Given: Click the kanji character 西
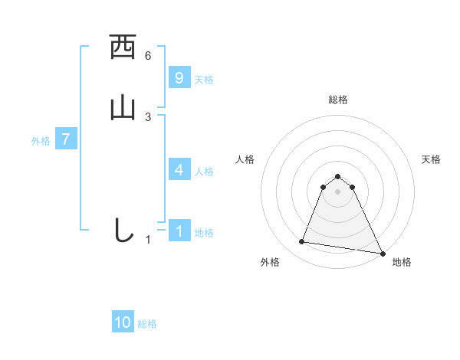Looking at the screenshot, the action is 123,48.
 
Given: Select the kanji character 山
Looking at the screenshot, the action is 123,108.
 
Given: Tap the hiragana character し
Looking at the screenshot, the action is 123,231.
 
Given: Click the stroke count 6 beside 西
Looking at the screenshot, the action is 148,55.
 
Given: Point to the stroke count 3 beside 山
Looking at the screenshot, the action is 148,116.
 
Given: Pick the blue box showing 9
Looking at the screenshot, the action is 179,77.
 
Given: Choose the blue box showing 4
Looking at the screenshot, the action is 179,169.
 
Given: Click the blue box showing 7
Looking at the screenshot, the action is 66,139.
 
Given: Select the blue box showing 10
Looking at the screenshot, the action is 123,322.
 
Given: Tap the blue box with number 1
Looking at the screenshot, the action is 179,231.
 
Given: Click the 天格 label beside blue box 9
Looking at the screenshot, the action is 204,80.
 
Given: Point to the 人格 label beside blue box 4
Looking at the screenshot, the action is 204,172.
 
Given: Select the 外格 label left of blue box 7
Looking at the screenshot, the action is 40,141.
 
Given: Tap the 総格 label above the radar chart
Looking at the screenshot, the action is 337,100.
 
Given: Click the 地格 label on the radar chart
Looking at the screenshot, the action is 402,263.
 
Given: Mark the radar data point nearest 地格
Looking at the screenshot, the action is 383,252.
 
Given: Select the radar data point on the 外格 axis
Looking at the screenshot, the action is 302,242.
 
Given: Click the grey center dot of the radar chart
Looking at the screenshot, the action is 337,191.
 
